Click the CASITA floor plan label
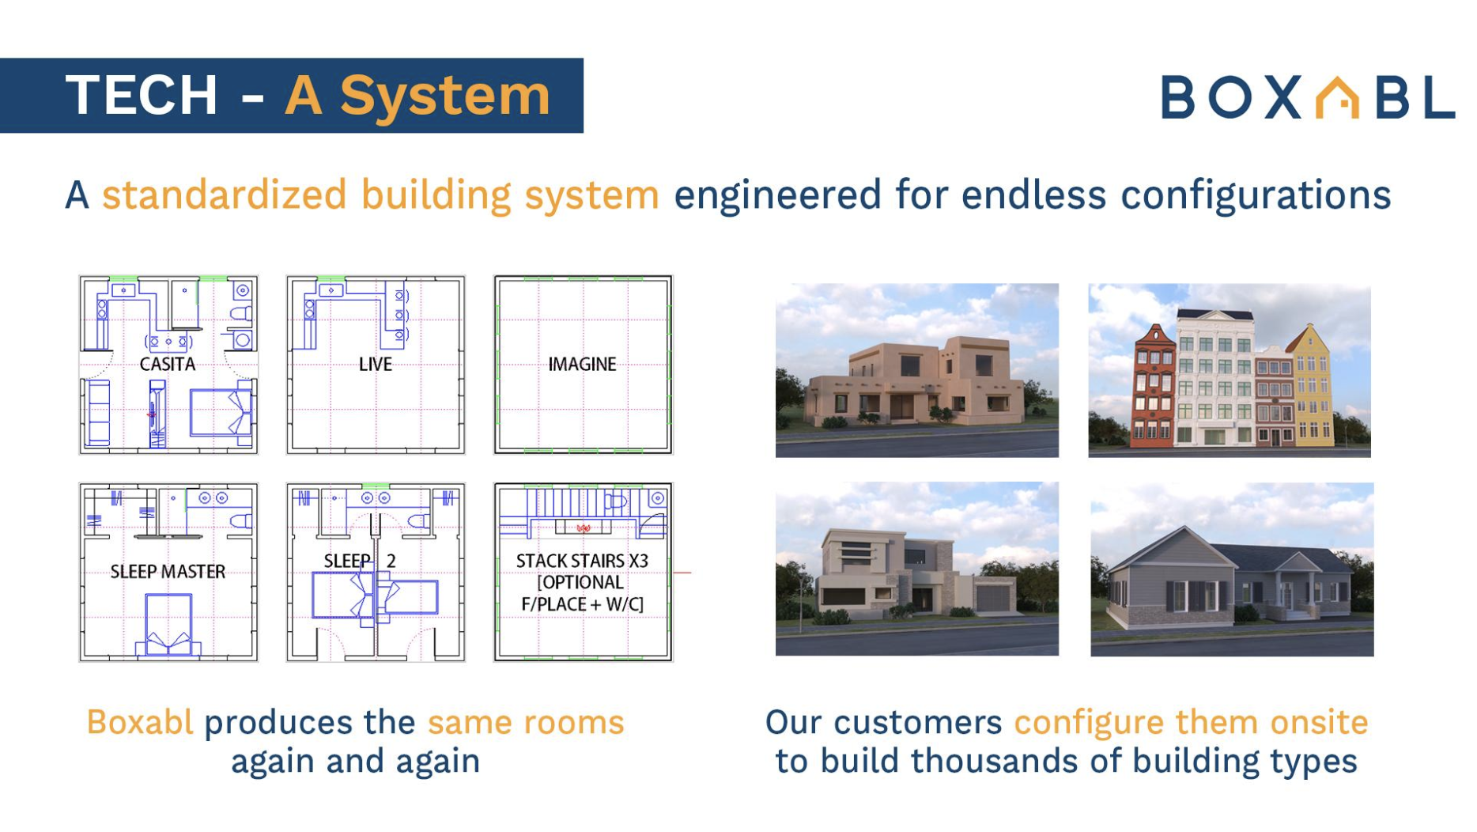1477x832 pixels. (167, 364)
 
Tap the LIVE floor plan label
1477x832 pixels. (375, 364)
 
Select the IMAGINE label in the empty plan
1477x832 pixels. (582, 364)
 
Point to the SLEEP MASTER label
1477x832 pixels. (168, 571)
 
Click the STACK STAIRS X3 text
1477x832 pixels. (582, 561)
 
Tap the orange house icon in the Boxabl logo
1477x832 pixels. (1336, 98)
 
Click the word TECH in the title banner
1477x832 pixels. (142, 96)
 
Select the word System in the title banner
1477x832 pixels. (445, 96)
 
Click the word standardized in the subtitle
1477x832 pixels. (225, 195)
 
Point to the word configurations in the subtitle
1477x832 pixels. (1256, 195)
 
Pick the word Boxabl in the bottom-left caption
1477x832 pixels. (140, 722)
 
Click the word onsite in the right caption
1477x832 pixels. (1319, 722)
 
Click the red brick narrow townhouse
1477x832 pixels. (1154, 384)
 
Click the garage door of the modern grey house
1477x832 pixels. (994, 599)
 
